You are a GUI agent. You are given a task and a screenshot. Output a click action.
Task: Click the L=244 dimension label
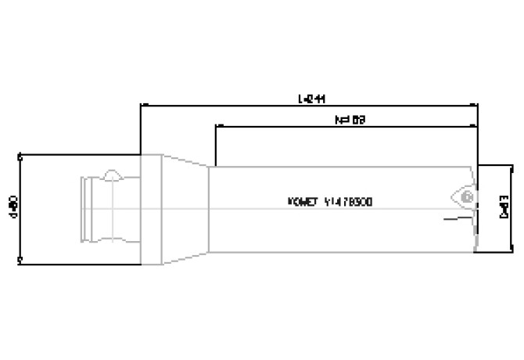point(311,99)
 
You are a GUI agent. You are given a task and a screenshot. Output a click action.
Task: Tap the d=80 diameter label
point(12,207)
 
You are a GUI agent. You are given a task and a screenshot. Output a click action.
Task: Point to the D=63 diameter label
point(504,207)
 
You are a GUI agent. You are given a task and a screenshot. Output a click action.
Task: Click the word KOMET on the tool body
point(304,201)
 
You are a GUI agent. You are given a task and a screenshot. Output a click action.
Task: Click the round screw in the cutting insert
point(466,196)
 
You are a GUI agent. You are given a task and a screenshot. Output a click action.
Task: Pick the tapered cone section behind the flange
point(185,208)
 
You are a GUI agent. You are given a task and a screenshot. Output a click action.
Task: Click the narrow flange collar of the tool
point(151,208)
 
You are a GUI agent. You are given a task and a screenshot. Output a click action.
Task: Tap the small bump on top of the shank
point(113,173)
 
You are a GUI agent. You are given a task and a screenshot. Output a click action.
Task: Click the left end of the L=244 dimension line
point(141,103)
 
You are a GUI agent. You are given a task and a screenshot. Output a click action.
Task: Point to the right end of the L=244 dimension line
point(477,103)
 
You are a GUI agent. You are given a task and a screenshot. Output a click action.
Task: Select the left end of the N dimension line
point(216,124)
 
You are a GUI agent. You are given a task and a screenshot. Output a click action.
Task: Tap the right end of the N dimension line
point(477,124)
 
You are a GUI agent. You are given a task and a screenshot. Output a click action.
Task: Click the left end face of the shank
point(83,208)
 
